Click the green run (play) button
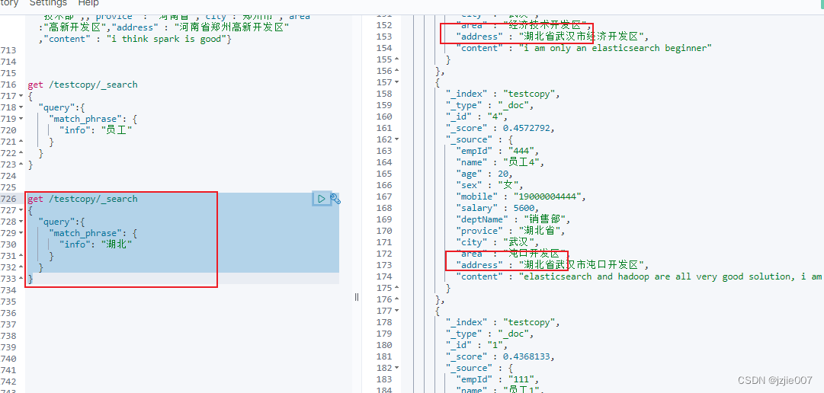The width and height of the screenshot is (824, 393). click(321, 199)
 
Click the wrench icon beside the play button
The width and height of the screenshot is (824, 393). click(335, 199)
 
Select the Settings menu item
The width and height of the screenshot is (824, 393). click(48, 4)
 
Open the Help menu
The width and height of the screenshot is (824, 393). click(88, 4)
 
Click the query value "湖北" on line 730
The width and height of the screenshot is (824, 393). click(119, 244)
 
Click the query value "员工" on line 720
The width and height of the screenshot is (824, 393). click(119, 130)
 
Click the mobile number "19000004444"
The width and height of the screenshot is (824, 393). click(549, 196)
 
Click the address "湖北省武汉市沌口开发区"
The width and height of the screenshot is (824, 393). click(582, 265)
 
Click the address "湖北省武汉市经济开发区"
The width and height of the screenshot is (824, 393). click(582, 37)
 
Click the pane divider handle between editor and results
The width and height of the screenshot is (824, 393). click(356, 297)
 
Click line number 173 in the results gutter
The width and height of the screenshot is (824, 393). click(384, 265)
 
